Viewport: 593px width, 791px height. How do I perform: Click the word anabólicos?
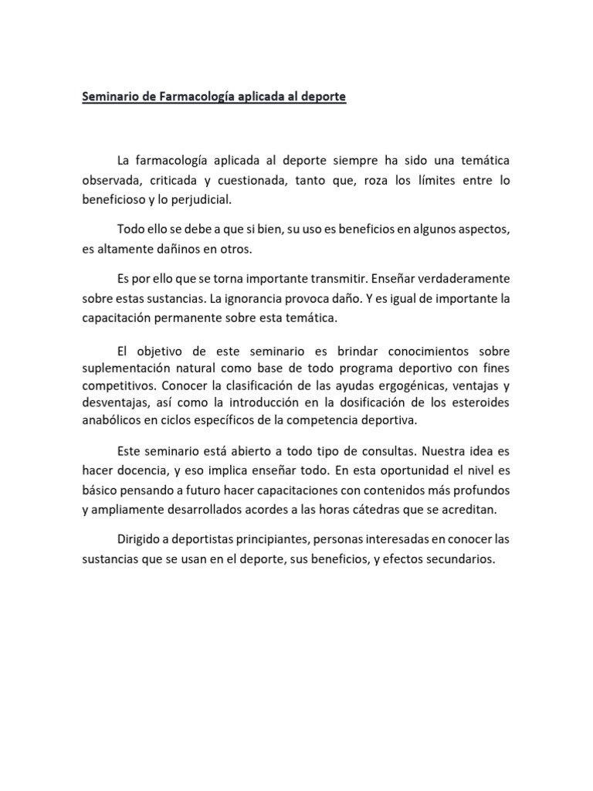113,421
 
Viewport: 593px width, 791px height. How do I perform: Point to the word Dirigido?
141,538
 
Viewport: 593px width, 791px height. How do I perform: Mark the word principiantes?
283,538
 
